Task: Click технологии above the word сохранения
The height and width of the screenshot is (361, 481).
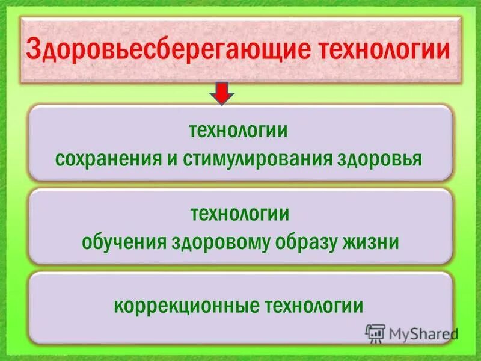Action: point(239,131)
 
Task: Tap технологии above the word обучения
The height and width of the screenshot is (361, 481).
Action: point(239,214)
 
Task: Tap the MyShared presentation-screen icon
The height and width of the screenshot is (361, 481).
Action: point(375,332)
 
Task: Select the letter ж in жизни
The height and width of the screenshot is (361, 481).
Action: point(354,242)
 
